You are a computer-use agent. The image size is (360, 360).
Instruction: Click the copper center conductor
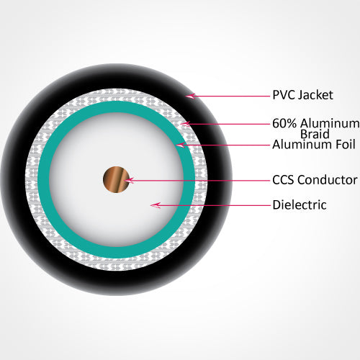point(117,179)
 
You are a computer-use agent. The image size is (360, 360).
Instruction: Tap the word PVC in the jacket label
point(284,95)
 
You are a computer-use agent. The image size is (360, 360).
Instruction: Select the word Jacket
point(315,95)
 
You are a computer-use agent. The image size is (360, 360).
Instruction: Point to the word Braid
point(315,134)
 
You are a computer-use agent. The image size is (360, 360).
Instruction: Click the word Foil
point(344,145)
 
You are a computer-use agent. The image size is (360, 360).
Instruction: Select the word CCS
point(284,180)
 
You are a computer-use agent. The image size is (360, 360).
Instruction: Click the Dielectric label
point(300,205)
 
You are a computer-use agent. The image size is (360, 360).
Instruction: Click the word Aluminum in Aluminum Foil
point(302,145)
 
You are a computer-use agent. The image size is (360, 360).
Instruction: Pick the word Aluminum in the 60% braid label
point(330,123)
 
